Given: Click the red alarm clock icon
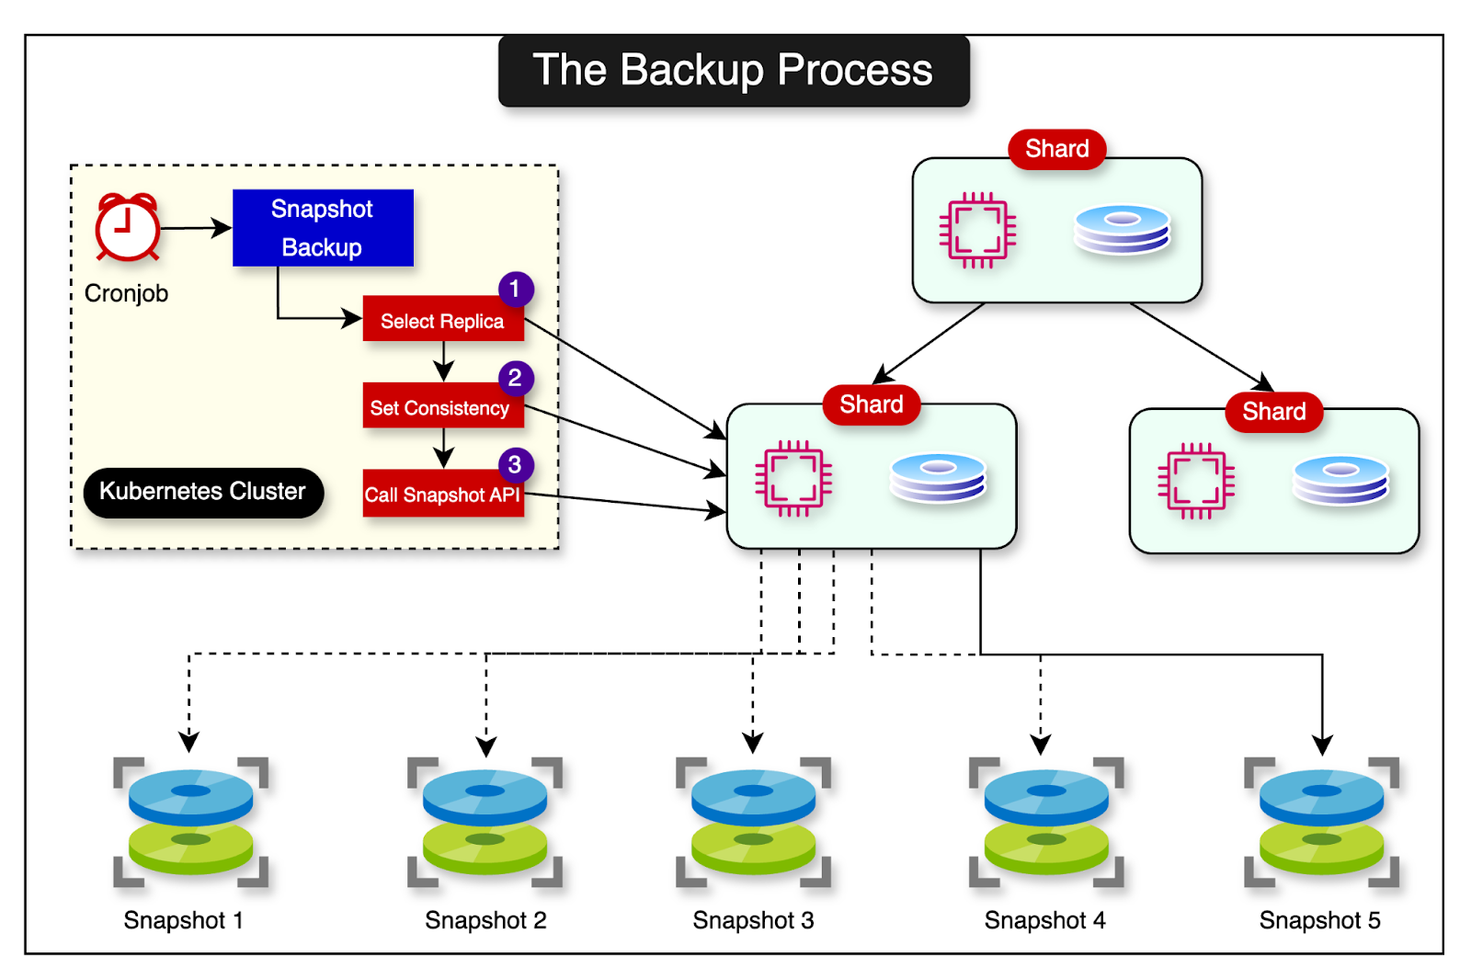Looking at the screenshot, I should [128, 227].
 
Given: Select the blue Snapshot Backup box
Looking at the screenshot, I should [323, 228].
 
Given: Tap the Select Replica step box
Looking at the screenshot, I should [442, 321].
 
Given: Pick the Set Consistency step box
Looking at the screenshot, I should [441, 407].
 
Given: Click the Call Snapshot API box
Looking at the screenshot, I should [442, 495].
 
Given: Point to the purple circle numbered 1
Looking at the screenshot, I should [516, 290].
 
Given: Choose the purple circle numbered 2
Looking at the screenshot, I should [516, 378].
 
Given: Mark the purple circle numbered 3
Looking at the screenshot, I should [516, 465].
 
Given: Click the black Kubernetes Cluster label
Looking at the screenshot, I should [203, 492].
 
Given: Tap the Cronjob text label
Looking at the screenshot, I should [126, 293].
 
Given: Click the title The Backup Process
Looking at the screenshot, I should [733, 71].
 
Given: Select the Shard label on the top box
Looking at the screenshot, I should [1056, 149].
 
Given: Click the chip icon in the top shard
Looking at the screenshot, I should [977, 230].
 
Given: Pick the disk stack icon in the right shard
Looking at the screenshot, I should [1340, 481].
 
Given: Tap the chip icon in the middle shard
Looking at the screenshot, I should [793, 479].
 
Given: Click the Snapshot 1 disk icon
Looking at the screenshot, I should [190, 821].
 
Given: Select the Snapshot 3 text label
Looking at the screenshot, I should [753, 920].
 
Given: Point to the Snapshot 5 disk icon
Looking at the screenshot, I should [1321, 821].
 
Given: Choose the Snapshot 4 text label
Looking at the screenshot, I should [1044, 920].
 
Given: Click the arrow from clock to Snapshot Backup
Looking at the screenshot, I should [196, 228].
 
